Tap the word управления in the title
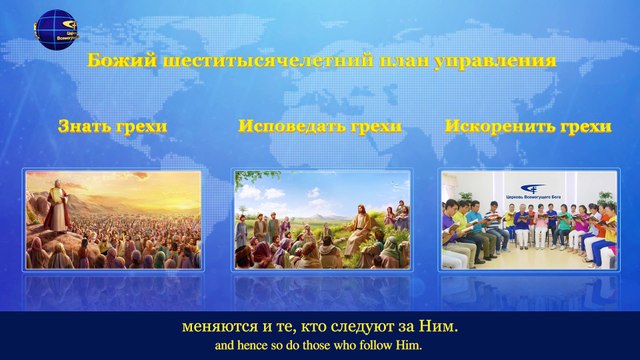[504, 62]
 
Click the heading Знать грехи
[112, 127]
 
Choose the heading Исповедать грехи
[320, 127]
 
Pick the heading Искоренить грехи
[527, 127]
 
